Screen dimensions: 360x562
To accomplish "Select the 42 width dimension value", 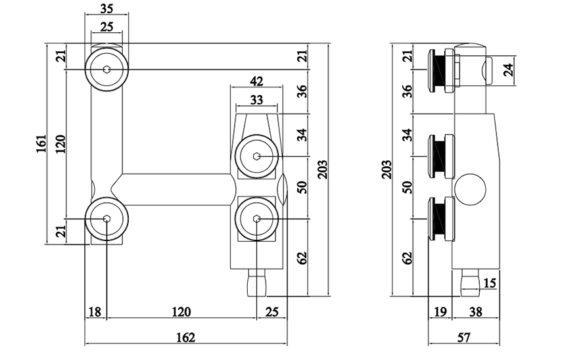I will (257, 82).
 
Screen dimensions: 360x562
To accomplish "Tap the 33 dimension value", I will (257, 100).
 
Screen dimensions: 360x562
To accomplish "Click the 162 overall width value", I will (187, 337).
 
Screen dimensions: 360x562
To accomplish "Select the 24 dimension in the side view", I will (508, 70).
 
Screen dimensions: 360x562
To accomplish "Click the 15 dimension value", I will (490, 283).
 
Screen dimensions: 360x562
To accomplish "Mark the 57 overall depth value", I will (464, 337).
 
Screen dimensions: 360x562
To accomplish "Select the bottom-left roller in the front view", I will (106, 219).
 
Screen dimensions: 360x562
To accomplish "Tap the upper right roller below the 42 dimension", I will (257, 156).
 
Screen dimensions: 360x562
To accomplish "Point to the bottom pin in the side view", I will (469, 281).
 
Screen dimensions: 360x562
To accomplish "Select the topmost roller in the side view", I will (440, 69).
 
